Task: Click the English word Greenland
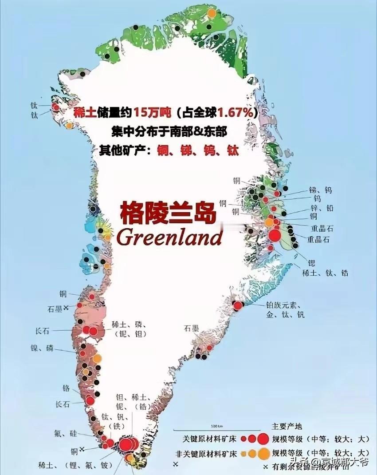(169, 237)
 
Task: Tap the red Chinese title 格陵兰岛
(168, 214)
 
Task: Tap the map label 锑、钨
(320, 190)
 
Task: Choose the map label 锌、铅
(321, 208)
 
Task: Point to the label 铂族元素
(283, 305)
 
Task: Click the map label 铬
(66, 388)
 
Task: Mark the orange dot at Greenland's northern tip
(212, 13)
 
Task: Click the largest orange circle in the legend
(263, 453)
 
